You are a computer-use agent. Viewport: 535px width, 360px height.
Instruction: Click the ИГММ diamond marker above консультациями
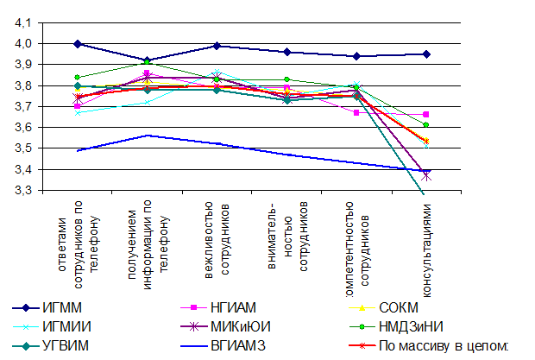tap(425, 54)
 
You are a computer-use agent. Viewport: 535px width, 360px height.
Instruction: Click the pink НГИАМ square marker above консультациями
tap(425, 115)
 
